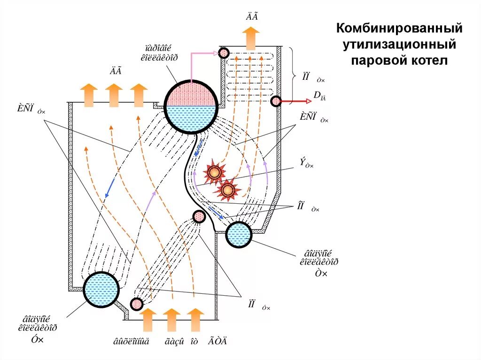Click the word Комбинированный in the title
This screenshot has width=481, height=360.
pyautogui.click(x=399, y=29)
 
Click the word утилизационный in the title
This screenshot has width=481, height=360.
pyautogui.click(x=399, y=45)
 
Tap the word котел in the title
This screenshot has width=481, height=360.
pyautogui.click(x=428, y=61)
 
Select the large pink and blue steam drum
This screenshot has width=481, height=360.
pyautogui.click(x=192, y=106)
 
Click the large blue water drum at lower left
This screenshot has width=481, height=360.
pyautogui.click(x=101, y=290)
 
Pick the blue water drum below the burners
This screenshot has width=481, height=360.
pyautogui.click(x=239, y=234)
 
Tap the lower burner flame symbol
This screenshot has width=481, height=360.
pyautogui.click(x=228, y=190)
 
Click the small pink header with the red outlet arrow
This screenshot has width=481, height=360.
pyautogui.click(x=275, y=101)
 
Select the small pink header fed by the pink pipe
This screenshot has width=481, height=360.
pyautogui.click(x=224, y=53)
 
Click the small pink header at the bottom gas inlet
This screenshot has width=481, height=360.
pyautogui.click(x=137, y=304)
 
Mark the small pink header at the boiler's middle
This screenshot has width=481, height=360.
pyautogui.click(x=199, y=216)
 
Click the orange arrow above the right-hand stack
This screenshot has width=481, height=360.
pyautogui.click(x=252, y=38)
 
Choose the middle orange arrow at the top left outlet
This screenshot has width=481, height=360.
pyautogui.click(x=114, y=95)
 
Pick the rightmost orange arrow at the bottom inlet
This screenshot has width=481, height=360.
pyautogui.click(x=195, y=319)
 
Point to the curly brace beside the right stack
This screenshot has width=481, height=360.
pyautogui.click(x=292, y=75)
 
